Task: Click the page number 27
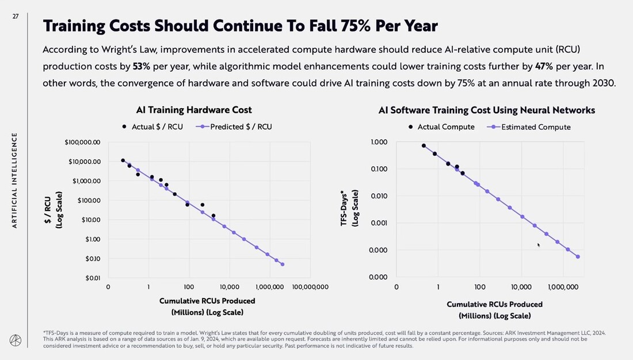coord(16,17)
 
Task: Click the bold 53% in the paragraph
coord(141,66)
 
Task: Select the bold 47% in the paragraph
coord(544,66)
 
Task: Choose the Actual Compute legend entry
coord(442,127)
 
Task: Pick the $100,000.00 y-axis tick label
coord(83,142)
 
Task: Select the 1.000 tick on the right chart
coord(379,142)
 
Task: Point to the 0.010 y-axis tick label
coord(379,196)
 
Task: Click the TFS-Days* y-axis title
coord(345,208)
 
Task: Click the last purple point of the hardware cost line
coord(283,265)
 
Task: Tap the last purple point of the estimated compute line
coord(578,256)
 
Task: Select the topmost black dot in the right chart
coord(424,145)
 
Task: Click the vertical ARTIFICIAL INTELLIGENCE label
coord(15,180)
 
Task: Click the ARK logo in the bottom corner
coord(15,340)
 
